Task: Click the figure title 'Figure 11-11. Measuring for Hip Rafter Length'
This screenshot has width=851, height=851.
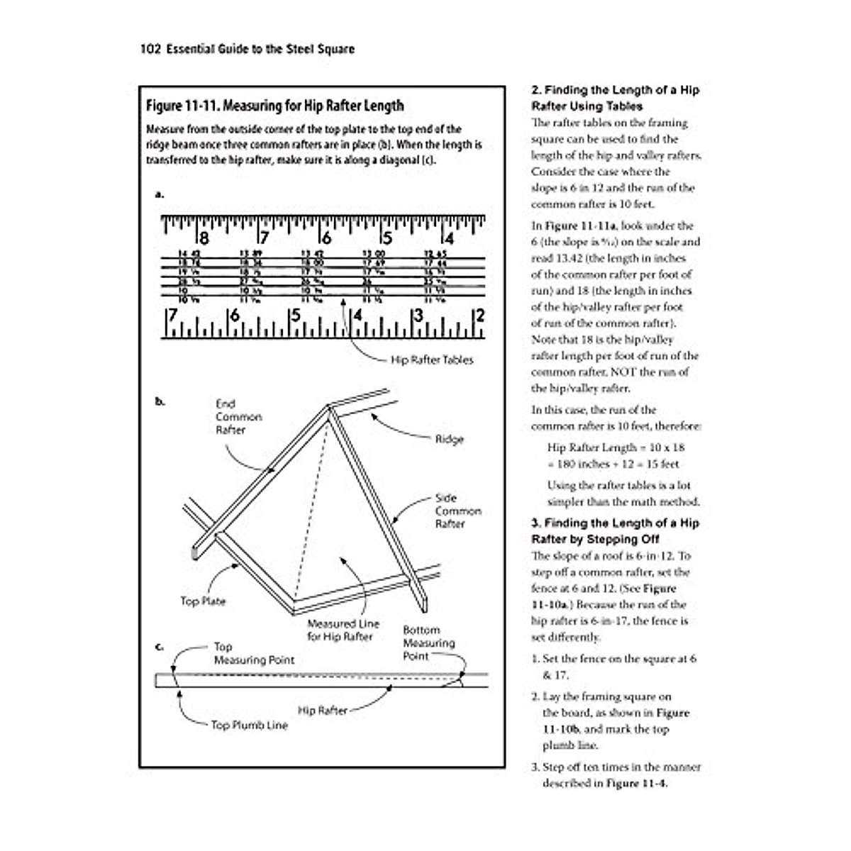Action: coord(274,106)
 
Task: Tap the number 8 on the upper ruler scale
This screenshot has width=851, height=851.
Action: coord(203,238)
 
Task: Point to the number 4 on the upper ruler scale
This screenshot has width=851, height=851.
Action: coord(449,238)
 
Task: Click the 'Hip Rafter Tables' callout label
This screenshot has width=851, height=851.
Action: coord(432,360)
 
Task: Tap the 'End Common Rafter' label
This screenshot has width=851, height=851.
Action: coord(238,417)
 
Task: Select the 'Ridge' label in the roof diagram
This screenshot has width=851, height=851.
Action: coord(449,440)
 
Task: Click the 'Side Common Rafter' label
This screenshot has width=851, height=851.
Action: coord(458,511)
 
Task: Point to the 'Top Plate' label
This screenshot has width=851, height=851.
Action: coord(203,601)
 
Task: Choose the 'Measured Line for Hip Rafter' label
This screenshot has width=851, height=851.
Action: coord(343,630)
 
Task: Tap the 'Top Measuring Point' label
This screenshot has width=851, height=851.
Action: coord(254,653)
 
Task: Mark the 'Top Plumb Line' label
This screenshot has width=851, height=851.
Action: coord(249,725)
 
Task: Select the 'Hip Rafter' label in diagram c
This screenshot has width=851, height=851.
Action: coord(322,710)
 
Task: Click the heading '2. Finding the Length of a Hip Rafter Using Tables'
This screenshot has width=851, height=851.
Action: coord(616,98)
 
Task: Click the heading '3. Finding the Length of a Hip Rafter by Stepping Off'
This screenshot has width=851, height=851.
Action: coord(616,531)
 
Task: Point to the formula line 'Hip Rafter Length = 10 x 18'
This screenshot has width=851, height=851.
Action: coord(616,447)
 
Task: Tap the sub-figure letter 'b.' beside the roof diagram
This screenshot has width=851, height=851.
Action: coord(160,401)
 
